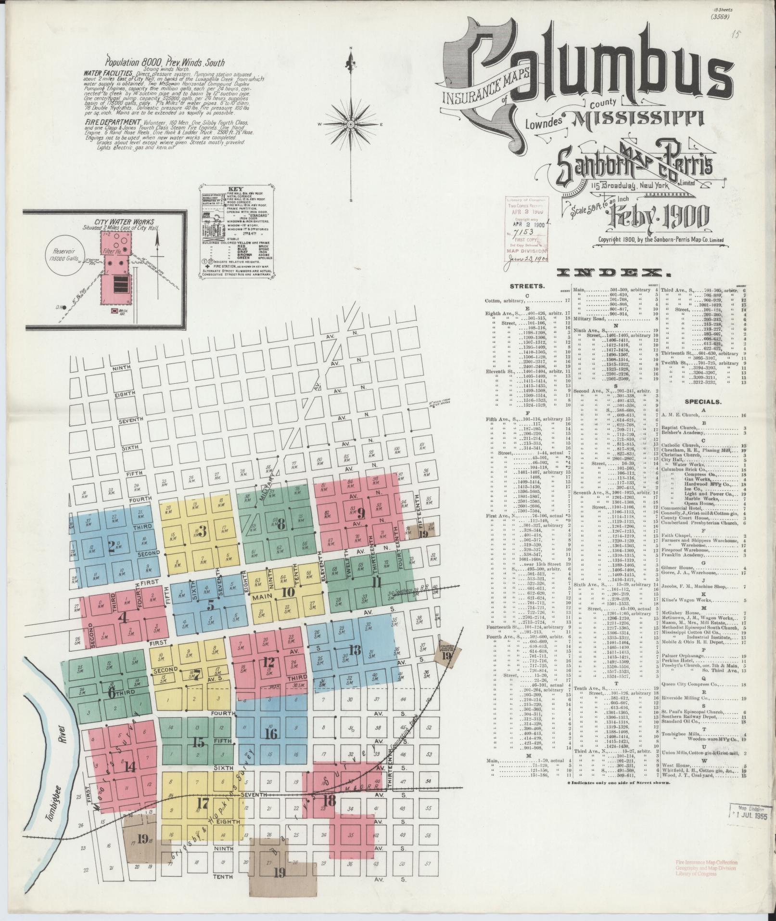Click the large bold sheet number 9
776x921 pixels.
tap(361, 514)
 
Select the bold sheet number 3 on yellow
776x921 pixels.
tap(203, 532)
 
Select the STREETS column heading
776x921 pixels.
tap(527, 286)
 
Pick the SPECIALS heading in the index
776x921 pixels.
tap(703, 401)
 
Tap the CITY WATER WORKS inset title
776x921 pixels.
tap(125, 222)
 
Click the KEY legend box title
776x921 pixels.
tap(237, 189)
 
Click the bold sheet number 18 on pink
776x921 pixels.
tap(330, 802)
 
